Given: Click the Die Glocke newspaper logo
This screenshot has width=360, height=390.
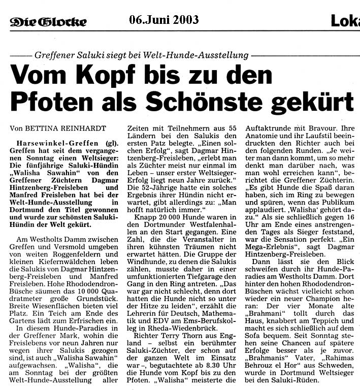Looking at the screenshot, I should (x=48, y=21).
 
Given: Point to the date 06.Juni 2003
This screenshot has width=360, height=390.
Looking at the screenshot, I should (x=163, y=20).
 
